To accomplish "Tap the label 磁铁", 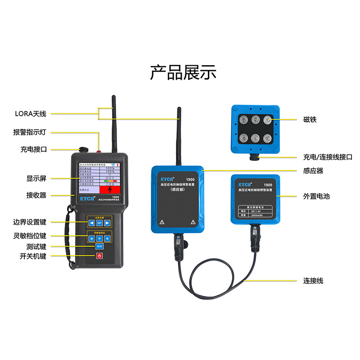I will coord(310,120).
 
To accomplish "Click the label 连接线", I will coord(313,281).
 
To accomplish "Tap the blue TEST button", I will coord(99,246).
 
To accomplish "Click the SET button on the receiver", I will coord(99,223).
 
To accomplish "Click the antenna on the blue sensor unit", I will coord(179,135).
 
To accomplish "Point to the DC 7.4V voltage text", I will coord(258,211).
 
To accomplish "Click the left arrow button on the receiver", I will coord(91,223).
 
